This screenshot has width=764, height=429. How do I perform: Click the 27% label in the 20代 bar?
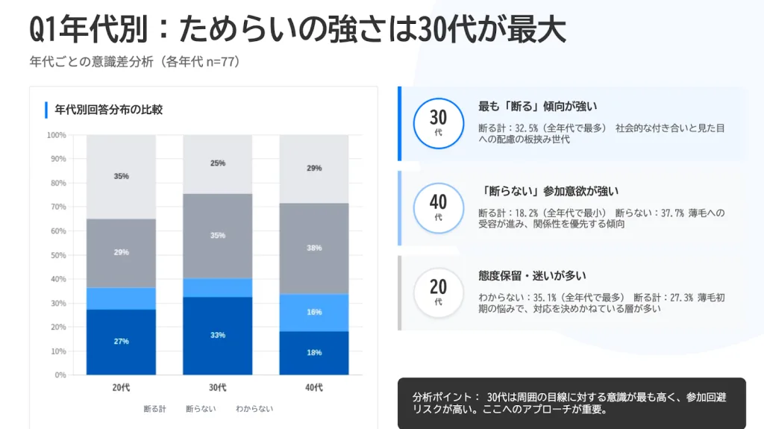pos(121,341)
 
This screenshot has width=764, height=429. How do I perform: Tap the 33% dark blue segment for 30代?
pos(218,335)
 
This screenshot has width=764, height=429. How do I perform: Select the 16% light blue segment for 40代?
pos(314,312)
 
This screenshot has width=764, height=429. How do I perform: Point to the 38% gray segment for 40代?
pos(314,248)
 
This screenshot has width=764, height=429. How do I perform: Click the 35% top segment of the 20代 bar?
pos(121,176)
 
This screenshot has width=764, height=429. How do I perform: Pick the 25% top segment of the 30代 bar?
pos(218,163)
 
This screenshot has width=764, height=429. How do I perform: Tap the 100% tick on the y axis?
pos(57,135)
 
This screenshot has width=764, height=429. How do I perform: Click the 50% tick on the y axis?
pos(58,255)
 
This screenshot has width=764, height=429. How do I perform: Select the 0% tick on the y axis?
pos(60,375)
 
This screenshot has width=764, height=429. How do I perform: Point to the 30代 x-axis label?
pos(218,387)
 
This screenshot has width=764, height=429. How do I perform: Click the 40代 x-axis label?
pos(314,387)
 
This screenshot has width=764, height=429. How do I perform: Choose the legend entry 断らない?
pos(201,409)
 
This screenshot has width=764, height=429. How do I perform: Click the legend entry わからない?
pos(254,409)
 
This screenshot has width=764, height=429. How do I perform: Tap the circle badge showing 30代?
pos(439,123)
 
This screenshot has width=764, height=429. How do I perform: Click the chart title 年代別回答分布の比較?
pos(108,110)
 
